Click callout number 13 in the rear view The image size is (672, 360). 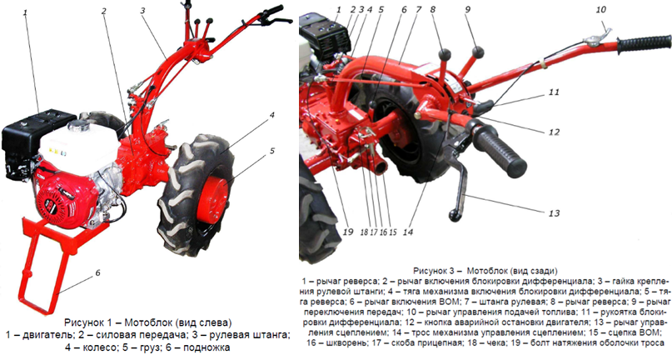coord(554,212)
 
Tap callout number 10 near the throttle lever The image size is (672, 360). coord(601,9)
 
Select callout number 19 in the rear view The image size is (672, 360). coord(348,232)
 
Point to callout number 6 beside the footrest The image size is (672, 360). coord(97,272)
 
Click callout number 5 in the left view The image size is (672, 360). coord(272,151)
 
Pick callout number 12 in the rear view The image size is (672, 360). coord(554,132)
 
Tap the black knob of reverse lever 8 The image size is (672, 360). coord(445,54)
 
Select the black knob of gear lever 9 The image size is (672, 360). coord(478,52)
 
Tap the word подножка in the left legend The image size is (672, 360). coord(207,347)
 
